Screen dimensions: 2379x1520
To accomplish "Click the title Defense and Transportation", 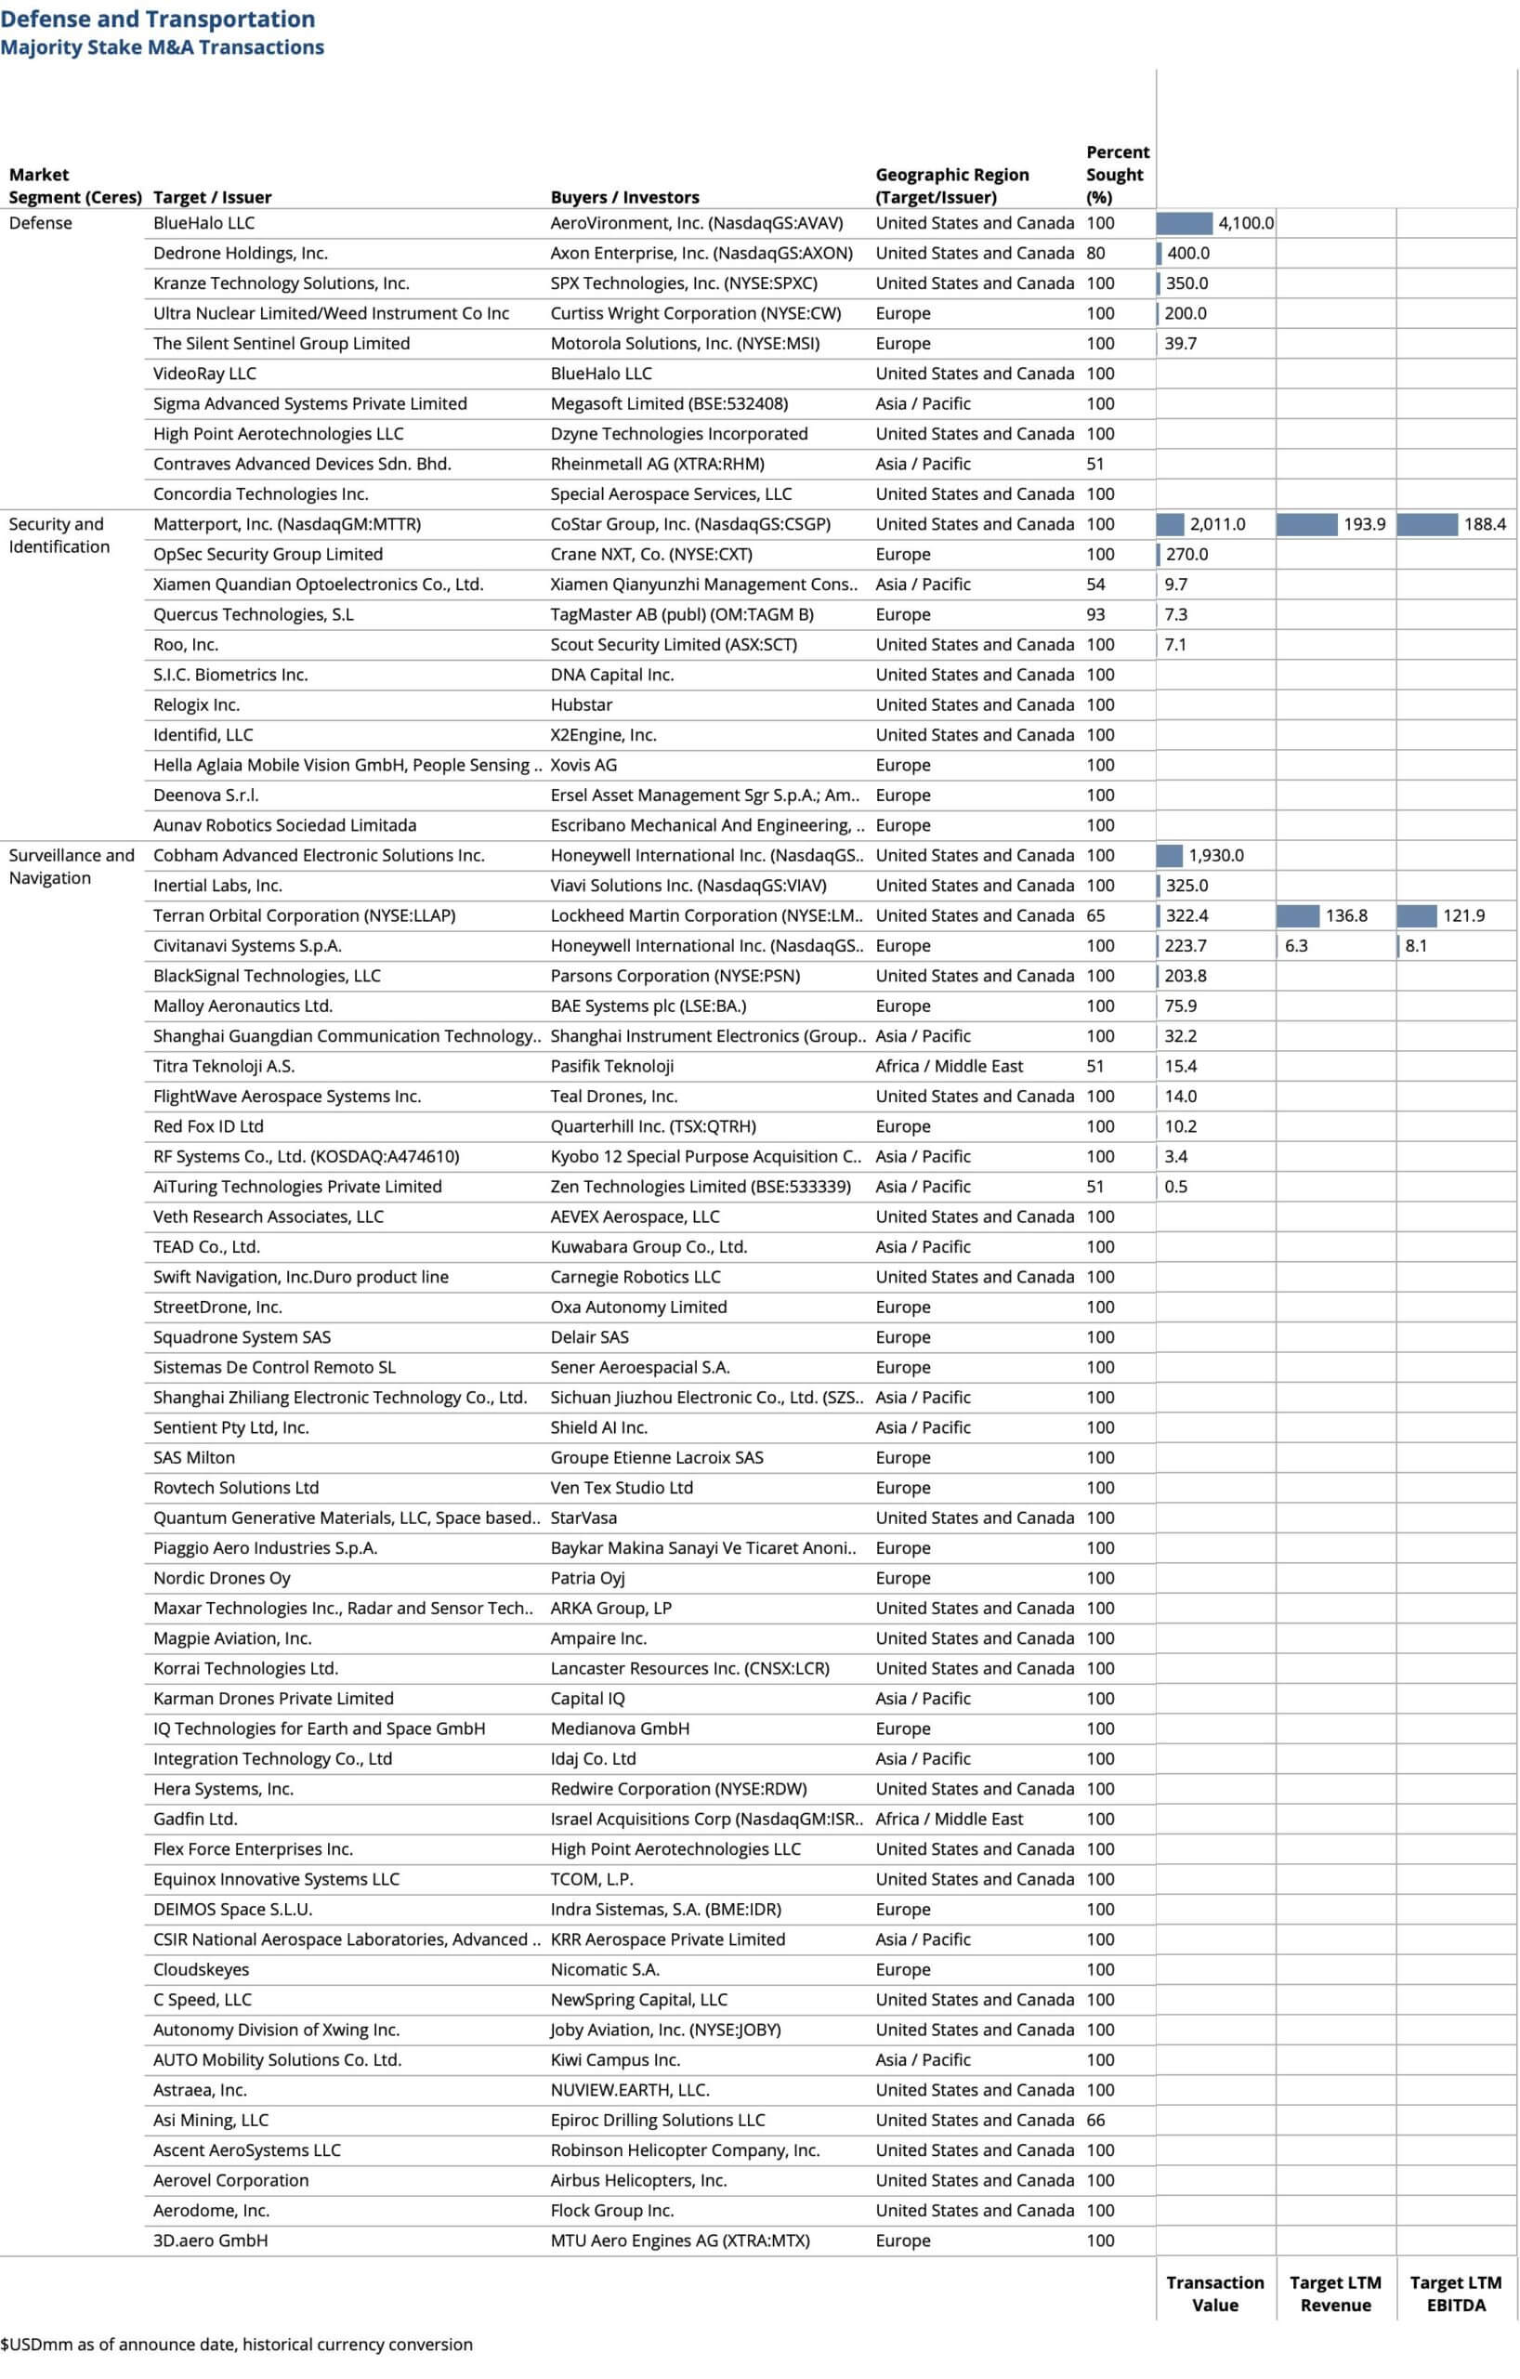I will [158, 20].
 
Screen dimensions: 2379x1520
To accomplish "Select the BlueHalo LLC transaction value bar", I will [1184, 223].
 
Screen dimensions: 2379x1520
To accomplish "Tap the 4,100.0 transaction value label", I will [1245, 223].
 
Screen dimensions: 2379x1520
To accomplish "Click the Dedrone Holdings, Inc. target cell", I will [240, 253].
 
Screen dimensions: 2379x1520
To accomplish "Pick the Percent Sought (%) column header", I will [1117, 174].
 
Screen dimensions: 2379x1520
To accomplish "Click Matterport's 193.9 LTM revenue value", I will [1364, 523].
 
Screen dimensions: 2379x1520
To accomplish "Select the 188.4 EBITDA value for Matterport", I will [1484, 523].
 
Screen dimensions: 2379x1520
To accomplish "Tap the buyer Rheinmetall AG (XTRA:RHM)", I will [657, 464].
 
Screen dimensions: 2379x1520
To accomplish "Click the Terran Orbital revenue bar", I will [1297, 914].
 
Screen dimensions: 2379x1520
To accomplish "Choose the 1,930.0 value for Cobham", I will [1215, 855].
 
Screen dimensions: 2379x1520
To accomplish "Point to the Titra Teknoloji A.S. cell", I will [223, 1065].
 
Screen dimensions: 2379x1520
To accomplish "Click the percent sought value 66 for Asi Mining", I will [1095, 2119].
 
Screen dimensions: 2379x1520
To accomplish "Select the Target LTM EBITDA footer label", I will [1455, 2294].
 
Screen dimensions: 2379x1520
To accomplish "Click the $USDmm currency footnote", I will [236, 2344].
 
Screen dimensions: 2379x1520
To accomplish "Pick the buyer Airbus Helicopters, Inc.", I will [638, 2179].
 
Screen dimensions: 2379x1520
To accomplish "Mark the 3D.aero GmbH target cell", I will [210, 2240].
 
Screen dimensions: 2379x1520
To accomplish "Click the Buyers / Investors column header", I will [624, 197].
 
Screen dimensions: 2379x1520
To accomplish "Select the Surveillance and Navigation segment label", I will [72, 865].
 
